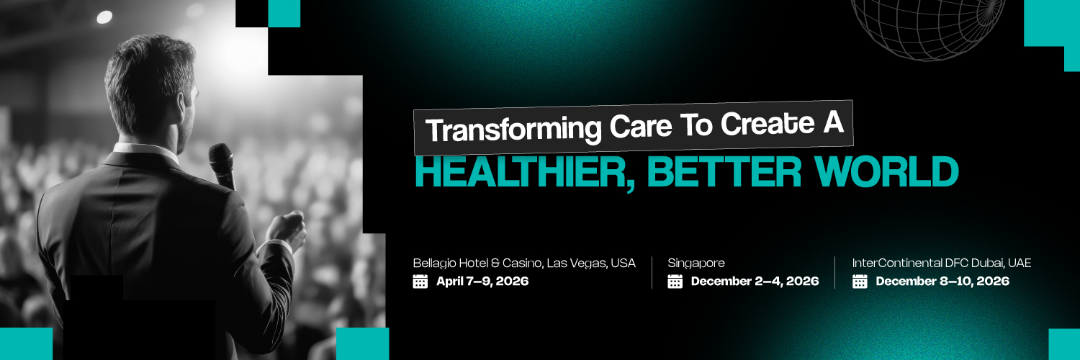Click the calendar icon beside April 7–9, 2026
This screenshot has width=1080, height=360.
coord(420,281)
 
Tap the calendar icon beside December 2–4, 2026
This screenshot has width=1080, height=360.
coord(675,281)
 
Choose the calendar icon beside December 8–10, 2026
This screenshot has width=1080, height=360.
coord(860,281)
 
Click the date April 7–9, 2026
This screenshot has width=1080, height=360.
coord(482,281)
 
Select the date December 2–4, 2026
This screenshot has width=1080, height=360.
coord(755,281)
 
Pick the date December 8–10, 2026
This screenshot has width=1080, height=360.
coord(942,281)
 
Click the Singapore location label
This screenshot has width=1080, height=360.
coord(696,263)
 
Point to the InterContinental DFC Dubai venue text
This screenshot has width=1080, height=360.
coord(942,263)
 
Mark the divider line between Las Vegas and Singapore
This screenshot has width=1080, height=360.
coord(652,272)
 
